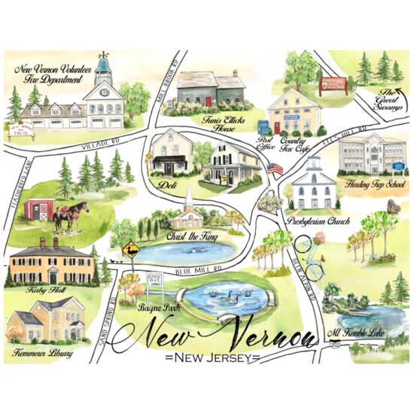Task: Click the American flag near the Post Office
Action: [274, 169]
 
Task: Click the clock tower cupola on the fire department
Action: [104, 73]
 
